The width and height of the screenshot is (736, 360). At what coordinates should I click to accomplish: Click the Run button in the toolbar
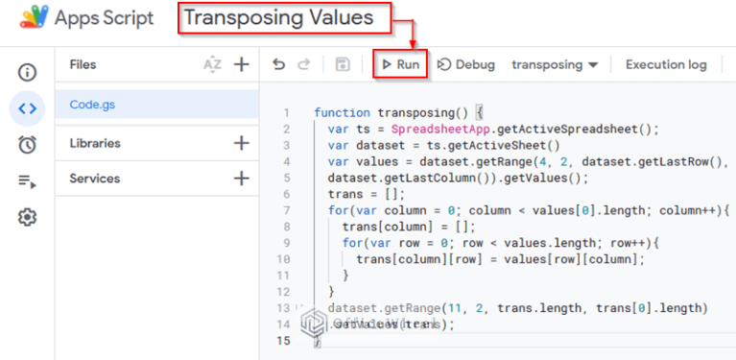tap(400, 64)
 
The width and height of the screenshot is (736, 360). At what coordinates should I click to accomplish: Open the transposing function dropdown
tap(555, 64)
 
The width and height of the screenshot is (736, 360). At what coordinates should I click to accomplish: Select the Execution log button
tap(666, 64)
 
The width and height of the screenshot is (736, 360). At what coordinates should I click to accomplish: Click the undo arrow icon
tap(279, 64)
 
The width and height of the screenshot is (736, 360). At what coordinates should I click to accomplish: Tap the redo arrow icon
tap(304, 64)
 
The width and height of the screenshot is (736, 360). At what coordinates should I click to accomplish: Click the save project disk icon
tap(343, 64)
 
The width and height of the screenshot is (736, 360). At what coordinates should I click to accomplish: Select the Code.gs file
tap(92, 104)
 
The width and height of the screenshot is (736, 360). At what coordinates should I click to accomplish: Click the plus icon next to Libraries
tap(241, 143)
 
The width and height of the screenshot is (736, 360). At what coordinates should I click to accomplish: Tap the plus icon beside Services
tap(241, 178)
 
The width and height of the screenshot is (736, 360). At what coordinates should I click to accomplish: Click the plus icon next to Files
tap(241, 64)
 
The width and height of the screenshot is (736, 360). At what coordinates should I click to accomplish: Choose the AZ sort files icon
tap(212, 64)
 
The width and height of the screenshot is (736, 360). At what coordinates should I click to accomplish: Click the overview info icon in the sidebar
tap(27, 72)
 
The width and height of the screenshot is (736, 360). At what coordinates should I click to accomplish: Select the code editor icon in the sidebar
tap(27, 108)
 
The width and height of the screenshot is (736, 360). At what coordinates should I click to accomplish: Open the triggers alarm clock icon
tap(27, 145)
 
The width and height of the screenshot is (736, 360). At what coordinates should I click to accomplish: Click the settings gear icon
tap(27, 217)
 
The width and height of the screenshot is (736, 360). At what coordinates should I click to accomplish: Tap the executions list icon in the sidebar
tap(27, 181)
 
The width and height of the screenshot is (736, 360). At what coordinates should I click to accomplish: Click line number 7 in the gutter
tap(286, 209)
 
